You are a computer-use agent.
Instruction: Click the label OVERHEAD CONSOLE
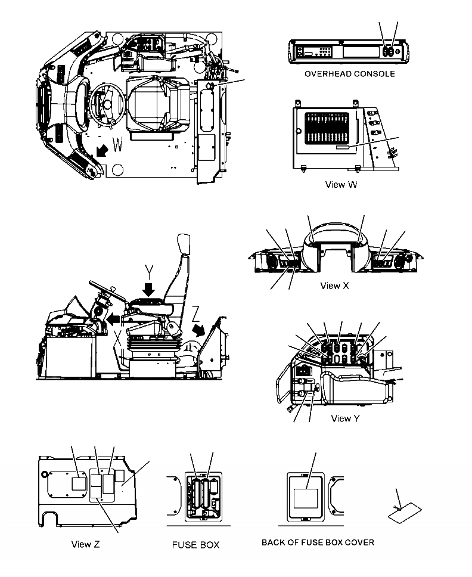pos(349,74)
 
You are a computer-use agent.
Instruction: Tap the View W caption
pos(341,184)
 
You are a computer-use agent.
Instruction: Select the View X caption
pos(335,286)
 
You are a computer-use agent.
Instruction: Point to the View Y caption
pos(345,418)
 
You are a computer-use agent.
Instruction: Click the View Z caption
pos(89,544)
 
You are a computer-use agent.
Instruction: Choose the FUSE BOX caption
pos(196,545)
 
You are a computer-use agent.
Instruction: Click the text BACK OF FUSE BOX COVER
pos(318,542)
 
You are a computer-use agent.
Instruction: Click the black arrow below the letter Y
pos(148,288)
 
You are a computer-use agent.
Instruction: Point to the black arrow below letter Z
pos(199,330)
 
